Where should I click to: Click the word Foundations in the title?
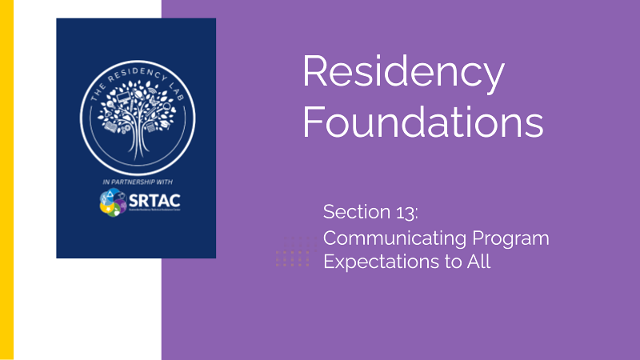click(x=423, y=124)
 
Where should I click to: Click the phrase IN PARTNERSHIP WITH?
click(x=136, y=180)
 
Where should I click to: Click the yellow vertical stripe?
click(x=6, y=180)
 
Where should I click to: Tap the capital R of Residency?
click(x=315, y=73)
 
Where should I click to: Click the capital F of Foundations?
click(x=313, y=124)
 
